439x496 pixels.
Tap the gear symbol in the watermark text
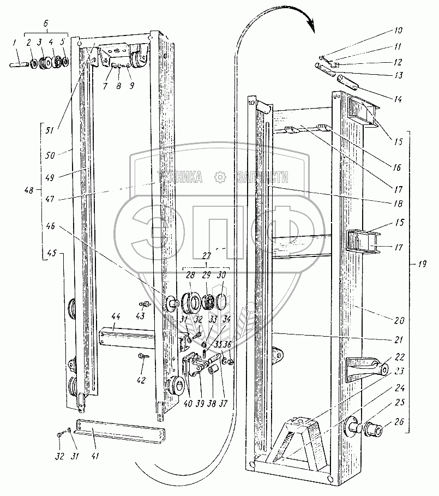pos(220,177)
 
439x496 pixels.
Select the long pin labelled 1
pos(20,64)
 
